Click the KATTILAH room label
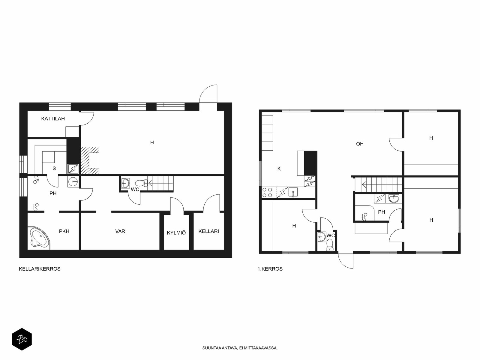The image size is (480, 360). [53, 119]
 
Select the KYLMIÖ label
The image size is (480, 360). [176, 232]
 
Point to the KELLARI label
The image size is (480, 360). [208, 231]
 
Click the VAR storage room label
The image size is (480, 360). [120, 231]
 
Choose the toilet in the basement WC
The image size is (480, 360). [141, 183]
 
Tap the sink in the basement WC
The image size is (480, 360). [125, 183]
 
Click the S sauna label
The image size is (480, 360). [54, 168]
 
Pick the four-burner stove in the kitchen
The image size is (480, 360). [267, 193]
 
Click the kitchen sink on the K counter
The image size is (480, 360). [293, 193]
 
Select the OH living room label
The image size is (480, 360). [360, 144]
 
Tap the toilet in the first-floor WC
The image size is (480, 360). [329, 244]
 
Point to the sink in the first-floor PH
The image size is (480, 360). [394, 199]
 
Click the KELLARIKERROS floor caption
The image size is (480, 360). [40, 269]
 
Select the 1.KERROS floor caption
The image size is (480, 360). [270, 269]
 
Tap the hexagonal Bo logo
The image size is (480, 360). [22, 339]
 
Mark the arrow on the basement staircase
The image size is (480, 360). [161, 183]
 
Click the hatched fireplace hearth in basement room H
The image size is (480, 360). [90, 160]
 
